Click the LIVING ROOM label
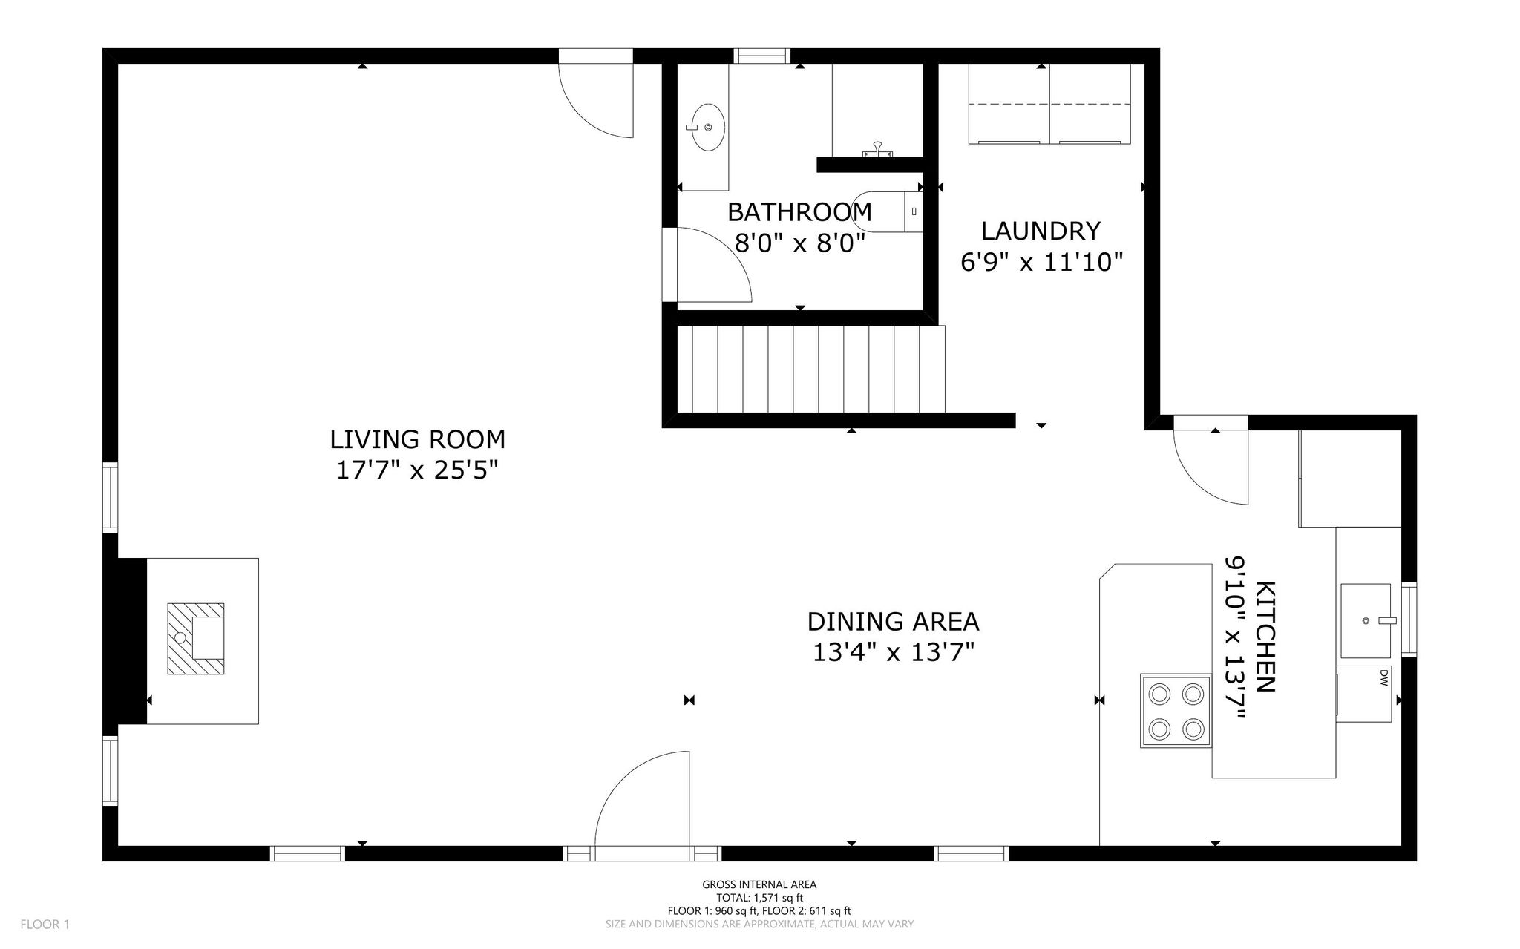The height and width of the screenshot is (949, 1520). [x=417, y=439]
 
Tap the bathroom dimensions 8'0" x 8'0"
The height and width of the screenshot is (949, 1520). [x=800, y=243]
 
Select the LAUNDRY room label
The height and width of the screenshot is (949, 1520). [x=1041, y=231]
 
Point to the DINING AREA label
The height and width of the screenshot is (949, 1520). [x=893, y=621]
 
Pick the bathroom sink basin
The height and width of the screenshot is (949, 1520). [x=706, y=128]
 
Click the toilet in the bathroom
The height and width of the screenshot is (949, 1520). [x=887, y=212]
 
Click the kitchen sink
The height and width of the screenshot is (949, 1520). [x=1366, y=620]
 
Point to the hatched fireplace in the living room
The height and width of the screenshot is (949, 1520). [x=196, y=639]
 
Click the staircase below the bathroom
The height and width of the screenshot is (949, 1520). [x=811, y=369]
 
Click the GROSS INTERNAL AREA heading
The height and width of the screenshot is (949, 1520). [x=759, y=884]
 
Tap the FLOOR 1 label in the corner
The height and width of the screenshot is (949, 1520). [x=45, y=925]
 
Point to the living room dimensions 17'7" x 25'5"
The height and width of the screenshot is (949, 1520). [x=417, y=470]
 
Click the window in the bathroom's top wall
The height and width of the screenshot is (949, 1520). [x=761, y=56]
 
